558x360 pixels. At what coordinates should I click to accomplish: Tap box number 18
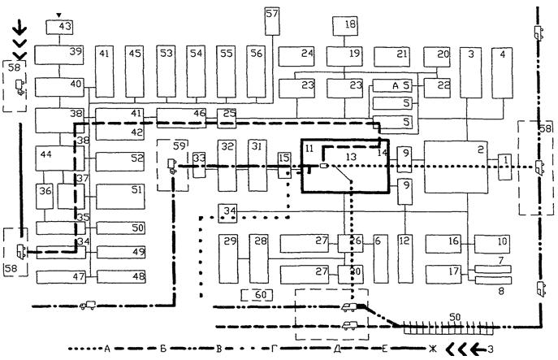click(350, 25)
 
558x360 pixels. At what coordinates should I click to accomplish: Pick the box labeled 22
click(443, 85)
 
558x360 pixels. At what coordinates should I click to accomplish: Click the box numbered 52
click(120, 159)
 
